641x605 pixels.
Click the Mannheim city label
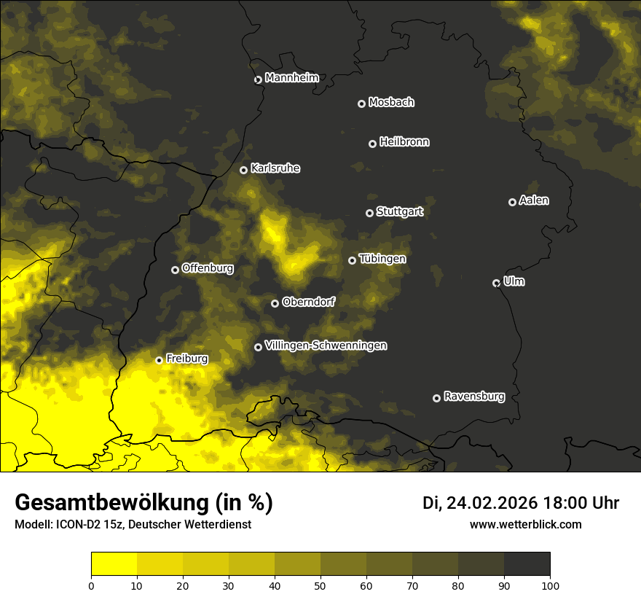point(291,78)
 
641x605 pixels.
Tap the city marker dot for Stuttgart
point(369,213)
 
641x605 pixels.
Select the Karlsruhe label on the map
point(275,168)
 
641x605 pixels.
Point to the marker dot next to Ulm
point(496,283)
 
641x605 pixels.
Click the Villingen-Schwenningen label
point(326,346)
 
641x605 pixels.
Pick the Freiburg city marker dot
point(159,360)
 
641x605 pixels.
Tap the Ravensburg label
point(473,397)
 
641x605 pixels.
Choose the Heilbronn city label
point(404,142)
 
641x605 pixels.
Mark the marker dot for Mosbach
point(361,104)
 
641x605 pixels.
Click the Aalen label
point(533,200)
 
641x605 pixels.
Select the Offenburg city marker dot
point(175,270)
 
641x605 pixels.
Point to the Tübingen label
point(382,259)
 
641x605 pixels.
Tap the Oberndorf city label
point(308,302)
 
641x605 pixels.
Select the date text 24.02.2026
point(492,503)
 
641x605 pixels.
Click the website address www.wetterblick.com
point(525,524)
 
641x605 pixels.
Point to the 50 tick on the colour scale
point(320,585)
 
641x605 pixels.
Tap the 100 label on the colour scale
point(550,585)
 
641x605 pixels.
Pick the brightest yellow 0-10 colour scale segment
point(114,564)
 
